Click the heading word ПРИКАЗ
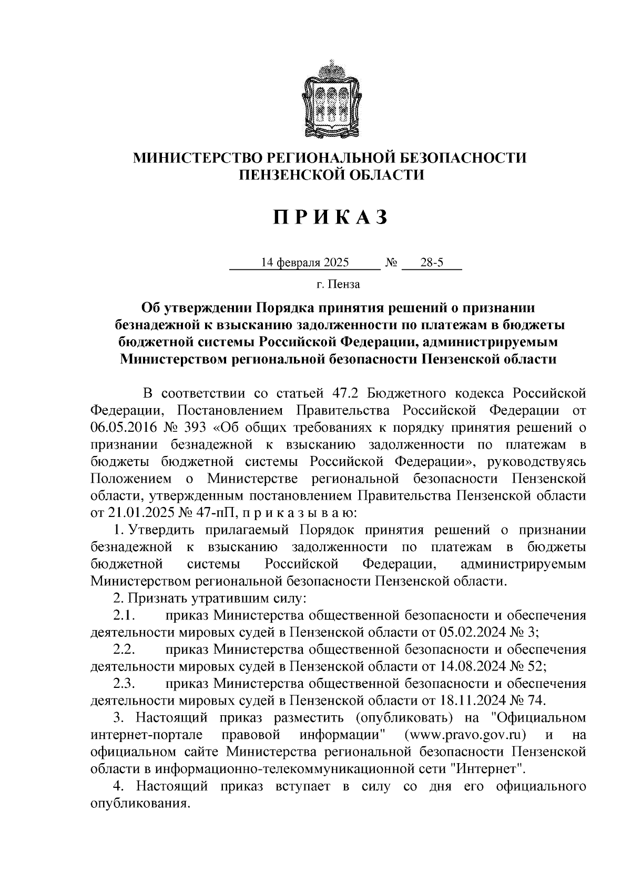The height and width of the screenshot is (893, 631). [x=330, y=217]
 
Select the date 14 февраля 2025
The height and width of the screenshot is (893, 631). [x=306, y=262]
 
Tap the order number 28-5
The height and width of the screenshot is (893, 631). [x=432, y=262]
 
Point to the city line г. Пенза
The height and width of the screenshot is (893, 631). [x=338, y=285]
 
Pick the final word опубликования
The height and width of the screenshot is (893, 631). [x=139, y=804]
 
